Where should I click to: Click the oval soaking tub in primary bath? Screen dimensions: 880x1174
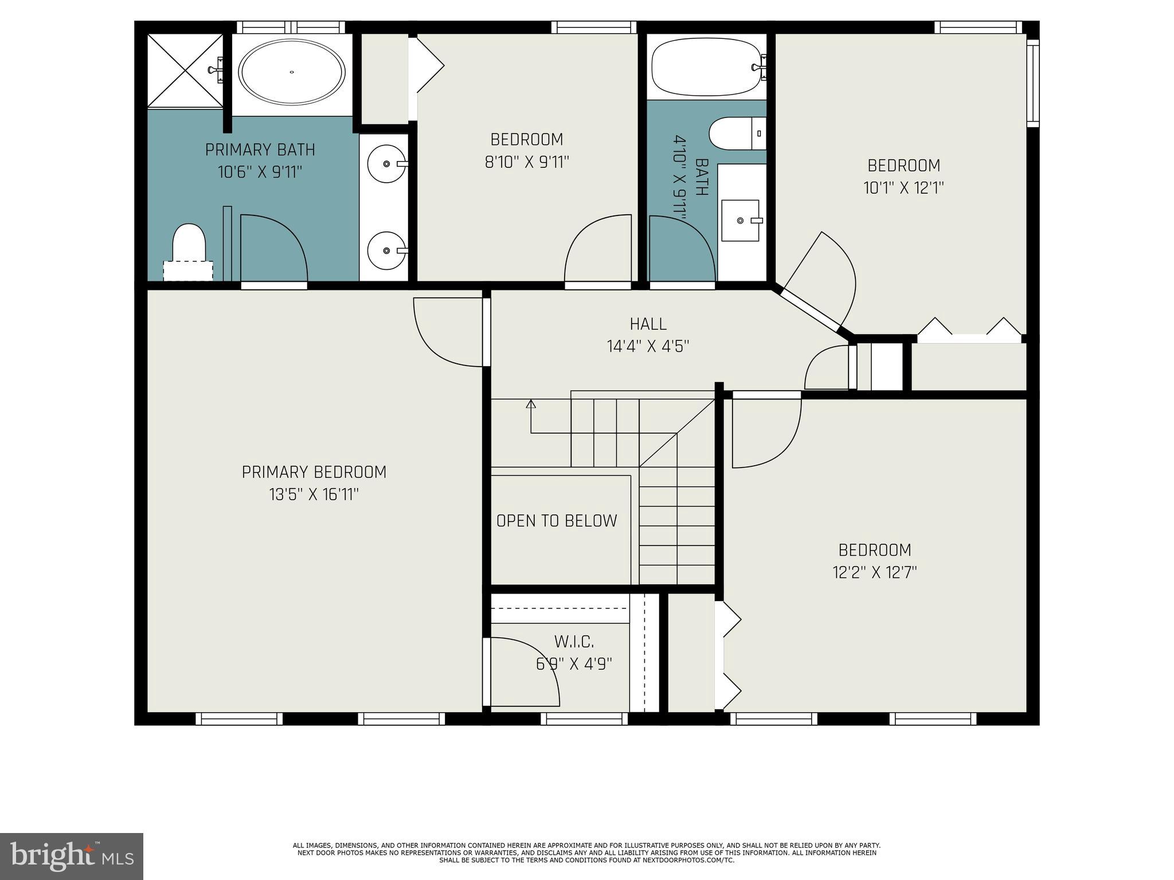click(292, 72)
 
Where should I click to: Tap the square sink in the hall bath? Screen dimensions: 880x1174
click(740, 221)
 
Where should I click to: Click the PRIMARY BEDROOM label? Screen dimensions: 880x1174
click(314, 472)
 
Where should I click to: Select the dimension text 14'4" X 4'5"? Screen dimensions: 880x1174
click(648, 347)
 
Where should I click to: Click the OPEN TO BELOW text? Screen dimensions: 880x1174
click(557, 521)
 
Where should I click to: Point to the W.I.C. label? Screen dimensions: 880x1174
click(574, 641)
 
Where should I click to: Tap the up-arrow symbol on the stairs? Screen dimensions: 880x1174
click(531, 404)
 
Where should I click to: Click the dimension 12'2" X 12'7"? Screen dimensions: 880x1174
click(875, 572)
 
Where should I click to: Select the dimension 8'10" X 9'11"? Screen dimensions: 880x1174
click(527, 162)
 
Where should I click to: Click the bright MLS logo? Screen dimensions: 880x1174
click(72, 856)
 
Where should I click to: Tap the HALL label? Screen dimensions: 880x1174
click(648, 324)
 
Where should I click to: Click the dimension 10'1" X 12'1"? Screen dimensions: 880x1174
click(903, 188)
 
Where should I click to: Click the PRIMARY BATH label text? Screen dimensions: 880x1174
click(260, 150)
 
